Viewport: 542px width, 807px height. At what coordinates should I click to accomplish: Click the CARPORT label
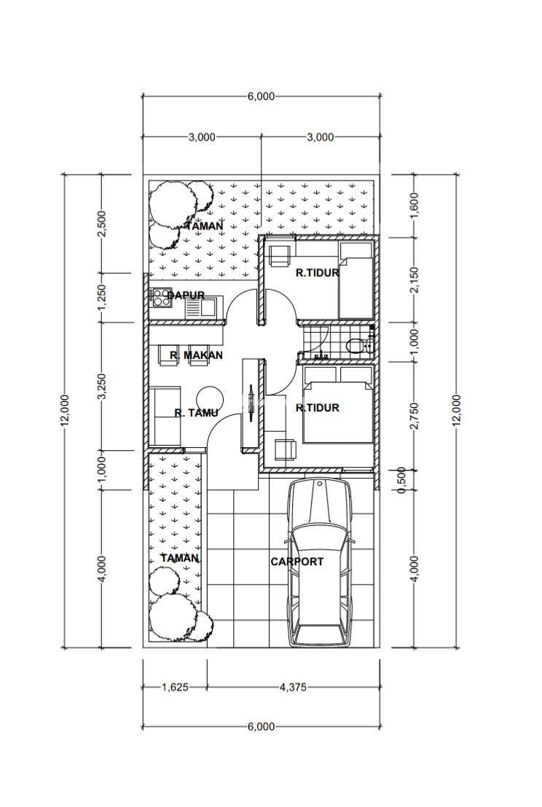[297, 562]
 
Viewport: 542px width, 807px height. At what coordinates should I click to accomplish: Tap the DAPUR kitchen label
[186, 296]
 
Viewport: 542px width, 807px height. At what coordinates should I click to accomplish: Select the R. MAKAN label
[196, 355]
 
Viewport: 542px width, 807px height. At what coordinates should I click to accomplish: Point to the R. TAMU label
[196, 413]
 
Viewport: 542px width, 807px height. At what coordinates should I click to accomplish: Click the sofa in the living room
[165, 417]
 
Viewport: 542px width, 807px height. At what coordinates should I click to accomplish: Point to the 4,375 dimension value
[292, 687]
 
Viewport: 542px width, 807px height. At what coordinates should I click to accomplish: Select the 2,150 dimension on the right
[416, 280]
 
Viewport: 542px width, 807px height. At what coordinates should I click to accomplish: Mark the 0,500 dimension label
[403, 480]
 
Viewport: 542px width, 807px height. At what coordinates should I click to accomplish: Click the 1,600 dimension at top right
[416, 205]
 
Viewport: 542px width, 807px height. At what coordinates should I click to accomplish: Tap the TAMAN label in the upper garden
[205, 226]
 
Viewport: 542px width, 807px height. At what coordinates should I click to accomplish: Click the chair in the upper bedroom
[280, 256]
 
